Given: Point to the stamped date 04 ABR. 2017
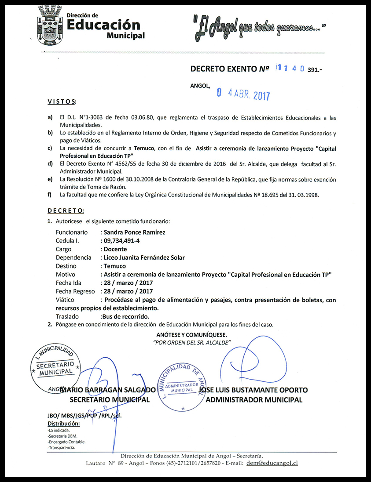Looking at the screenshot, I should (x=243, y=94).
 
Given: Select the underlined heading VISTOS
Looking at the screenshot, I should (x=62, y=102).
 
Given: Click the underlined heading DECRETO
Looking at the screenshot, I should (x=66, y=211).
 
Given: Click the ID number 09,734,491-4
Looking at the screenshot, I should (x=121, y=241).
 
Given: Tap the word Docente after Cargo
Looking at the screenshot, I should (x=115, y=249).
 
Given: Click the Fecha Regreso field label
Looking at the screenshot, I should (x=75, y=291).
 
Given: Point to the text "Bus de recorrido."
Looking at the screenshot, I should (x=125, y=316).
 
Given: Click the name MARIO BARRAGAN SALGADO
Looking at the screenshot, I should (x=108, y=390).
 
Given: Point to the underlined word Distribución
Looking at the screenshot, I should (x=63, y=424).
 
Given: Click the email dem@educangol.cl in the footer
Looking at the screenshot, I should (x=272, y=463).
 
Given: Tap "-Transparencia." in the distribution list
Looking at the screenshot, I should (x=61, y=448).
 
